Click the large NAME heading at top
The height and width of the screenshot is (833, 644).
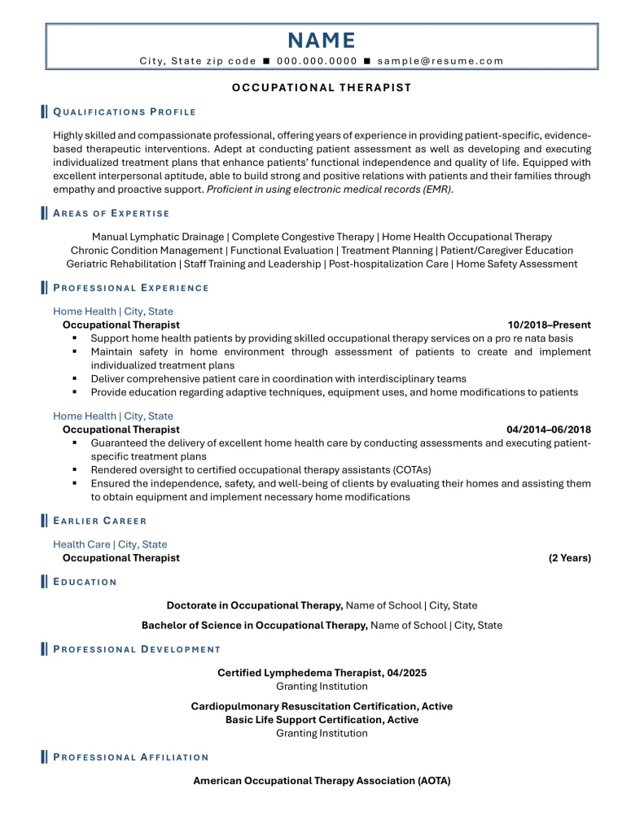(x=322, y=41)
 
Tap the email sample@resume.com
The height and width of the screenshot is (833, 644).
(x=440, y=61)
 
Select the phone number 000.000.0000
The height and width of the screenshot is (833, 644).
(x=317, y=61)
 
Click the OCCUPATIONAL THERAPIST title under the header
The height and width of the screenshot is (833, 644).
(x=322, y=88)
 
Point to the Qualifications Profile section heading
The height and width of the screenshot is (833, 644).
(x=125, y=111)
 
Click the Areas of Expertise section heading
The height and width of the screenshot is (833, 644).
(x=112, y=213)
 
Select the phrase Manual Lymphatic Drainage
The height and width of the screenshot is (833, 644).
(x=159, y=237)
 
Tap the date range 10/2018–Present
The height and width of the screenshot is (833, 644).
(x=549, y=325)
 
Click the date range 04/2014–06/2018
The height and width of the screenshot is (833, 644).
(x=548, y=430)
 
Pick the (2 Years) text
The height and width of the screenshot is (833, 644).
(x=569, y=558)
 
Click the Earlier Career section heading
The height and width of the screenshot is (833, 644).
(x=100, y=521)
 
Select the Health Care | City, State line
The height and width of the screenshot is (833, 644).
(x=110, y=544)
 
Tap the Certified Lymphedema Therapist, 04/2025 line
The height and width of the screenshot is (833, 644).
(x=322, y=673)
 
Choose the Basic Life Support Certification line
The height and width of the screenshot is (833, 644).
(x=322, y=720)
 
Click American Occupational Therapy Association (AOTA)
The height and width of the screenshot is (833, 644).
(x=322, y=781)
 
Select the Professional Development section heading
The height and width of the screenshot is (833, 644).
(x=137, y=649)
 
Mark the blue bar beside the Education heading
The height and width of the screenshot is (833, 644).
(x=44, y=582)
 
